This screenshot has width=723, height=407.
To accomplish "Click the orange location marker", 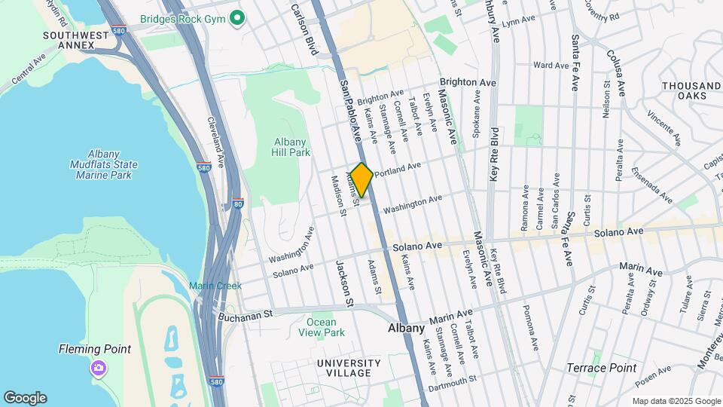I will pos(361,180).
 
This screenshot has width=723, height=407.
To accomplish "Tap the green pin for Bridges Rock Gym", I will pos(238,17).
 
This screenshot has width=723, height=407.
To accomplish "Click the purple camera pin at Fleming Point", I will pos(98,368).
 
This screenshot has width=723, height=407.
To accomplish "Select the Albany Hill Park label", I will pos(291,147).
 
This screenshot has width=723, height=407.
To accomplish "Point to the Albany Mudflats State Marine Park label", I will pos(103,164).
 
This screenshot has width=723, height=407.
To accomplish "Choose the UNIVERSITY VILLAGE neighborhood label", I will pos(343,368).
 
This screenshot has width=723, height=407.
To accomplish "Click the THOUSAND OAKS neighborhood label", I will pos(691,90).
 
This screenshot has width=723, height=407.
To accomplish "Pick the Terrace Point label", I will pos(601,368).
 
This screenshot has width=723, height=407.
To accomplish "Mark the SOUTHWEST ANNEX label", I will pos(69,40).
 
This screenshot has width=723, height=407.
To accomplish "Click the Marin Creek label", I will pos(215,286).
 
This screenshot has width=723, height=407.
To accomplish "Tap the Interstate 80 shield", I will pos(238,203).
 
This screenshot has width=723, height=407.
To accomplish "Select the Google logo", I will pos(25,397).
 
